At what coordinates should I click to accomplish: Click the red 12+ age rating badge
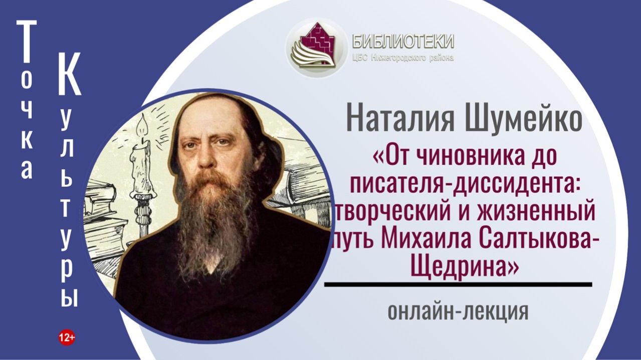(x=66, y=338)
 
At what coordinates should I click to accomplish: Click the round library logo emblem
(x=316, y=48)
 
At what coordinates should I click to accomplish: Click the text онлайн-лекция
(x=458, y=311)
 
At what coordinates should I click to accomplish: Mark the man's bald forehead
(x=210, y=113)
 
